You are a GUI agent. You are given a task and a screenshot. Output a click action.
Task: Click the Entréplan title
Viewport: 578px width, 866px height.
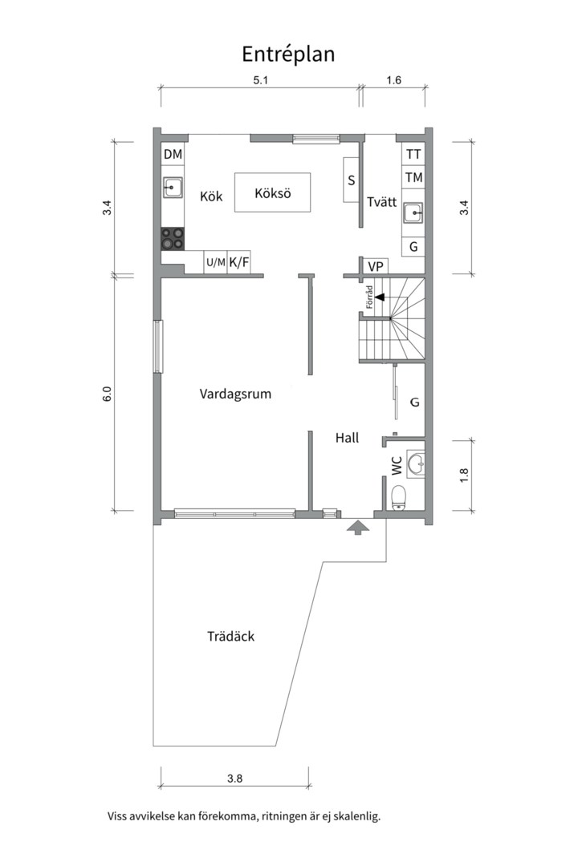[x=288, y=55]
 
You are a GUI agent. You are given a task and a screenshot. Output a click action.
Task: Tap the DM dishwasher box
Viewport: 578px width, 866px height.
[x=173, y=154]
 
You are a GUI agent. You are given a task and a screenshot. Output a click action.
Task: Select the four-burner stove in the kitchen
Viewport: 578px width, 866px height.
[x=173, y=239]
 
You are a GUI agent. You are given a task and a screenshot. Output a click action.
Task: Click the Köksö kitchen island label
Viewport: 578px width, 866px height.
[x=273, y=193]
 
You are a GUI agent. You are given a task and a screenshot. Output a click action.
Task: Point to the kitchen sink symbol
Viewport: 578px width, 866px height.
[x=173, y=188]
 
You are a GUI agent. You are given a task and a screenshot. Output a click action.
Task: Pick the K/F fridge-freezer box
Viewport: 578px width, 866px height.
[x=239, y=262]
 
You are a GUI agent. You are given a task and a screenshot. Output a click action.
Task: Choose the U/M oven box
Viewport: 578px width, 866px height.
[x=216, y=262]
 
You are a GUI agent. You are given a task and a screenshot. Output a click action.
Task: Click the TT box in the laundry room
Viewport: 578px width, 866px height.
[x=413, y=154]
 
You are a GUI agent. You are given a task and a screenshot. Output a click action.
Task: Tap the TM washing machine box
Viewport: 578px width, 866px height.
[x=413, y=177]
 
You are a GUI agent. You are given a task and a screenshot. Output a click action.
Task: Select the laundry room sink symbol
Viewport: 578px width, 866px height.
[x=413, y=212]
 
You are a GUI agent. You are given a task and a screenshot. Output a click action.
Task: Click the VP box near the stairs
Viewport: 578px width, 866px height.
[x=376, y=266]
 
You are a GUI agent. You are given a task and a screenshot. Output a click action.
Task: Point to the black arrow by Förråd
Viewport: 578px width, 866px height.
[x=380, y=297]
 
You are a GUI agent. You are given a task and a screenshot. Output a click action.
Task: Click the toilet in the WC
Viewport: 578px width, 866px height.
[x=398, y=496]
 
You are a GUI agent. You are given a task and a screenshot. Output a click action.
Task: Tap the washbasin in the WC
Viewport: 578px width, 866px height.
[x=415, y=463]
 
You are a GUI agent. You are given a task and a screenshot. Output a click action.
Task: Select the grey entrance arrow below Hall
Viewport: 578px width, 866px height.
[x=358, y=527]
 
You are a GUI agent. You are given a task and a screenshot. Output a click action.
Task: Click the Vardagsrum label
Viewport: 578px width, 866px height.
[x=236, y=394]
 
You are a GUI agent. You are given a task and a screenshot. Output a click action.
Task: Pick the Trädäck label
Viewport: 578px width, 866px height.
[x=230, y=636]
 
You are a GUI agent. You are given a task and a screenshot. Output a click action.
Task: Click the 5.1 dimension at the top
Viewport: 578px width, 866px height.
[x=261, y=80]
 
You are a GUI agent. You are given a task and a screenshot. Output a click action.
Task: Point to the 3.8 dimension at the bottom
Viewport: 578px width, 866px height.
[x=234, y=779]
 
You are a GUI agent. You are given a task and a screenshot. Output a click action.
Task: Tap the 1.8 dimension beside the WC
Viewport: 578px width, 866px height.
[x=464, y=475]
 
